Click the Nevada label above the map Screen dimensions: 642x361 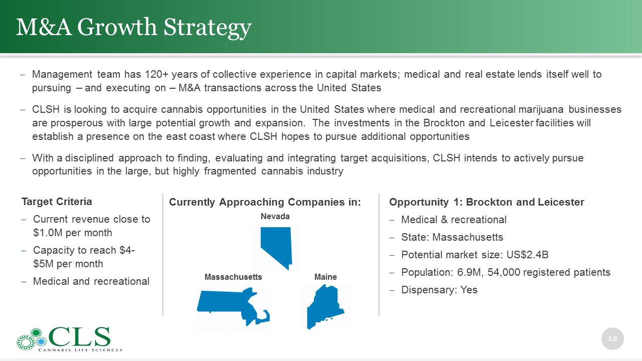(x=275, y=216)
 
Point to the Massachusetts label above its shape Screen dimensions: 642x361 (x=233, y=277)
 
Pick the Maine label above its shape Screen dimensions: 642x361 (x=326, y=277)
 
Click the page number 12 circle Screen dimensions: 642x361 (x=612, y=338)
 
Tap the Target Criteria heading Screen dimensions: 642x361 (x=57, y=202)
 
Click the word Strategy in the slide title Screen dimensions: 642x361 (x=208, y=28)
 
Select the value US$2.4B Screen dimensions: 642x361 (x=527, y=255)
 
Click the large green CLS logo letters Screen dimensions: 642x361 (x=79, y=336)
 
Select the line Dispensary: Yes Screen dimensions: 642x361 (x=439, y=290)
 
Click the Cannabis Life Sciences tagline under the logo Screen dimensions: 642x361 (x=80, y=350)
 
